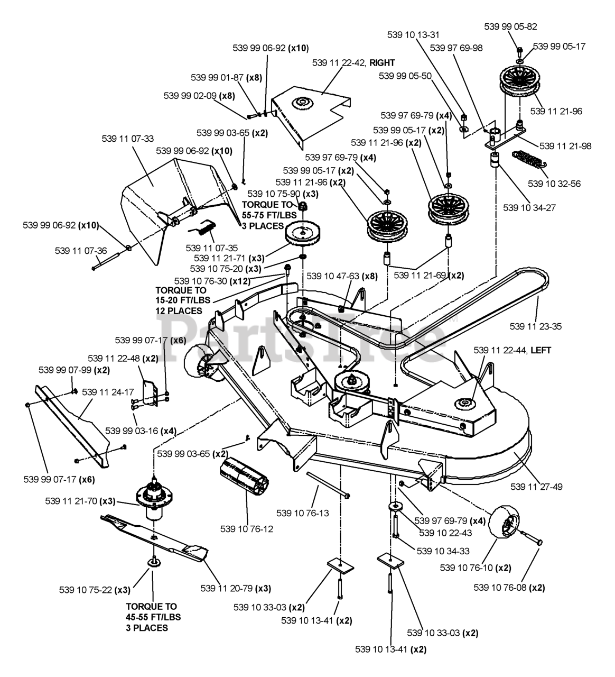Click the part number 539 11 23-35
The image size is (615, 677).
pyautogui.click(x=535, y=326)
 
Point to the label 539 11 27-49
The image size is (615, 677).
pyautogui.click(x=536, y=486)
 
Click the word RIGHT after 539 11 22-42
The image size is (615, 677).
pyautogui.click(x=382, y=62)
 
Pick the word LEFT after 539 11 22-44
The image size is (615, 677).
pyautogui.click(x=541, y=350)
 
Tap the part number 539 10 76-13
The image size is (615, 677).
pyautogui.click(x=302, y=513)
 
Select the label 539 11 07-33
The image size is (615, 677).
pyautogui.click(x=127, y=139)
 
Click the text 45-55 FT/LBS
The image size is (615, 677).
pyautogui.click(x=153, y=617)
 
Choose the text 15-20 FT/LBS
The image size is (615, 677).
pyautogui.click(x=183, y=300)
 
